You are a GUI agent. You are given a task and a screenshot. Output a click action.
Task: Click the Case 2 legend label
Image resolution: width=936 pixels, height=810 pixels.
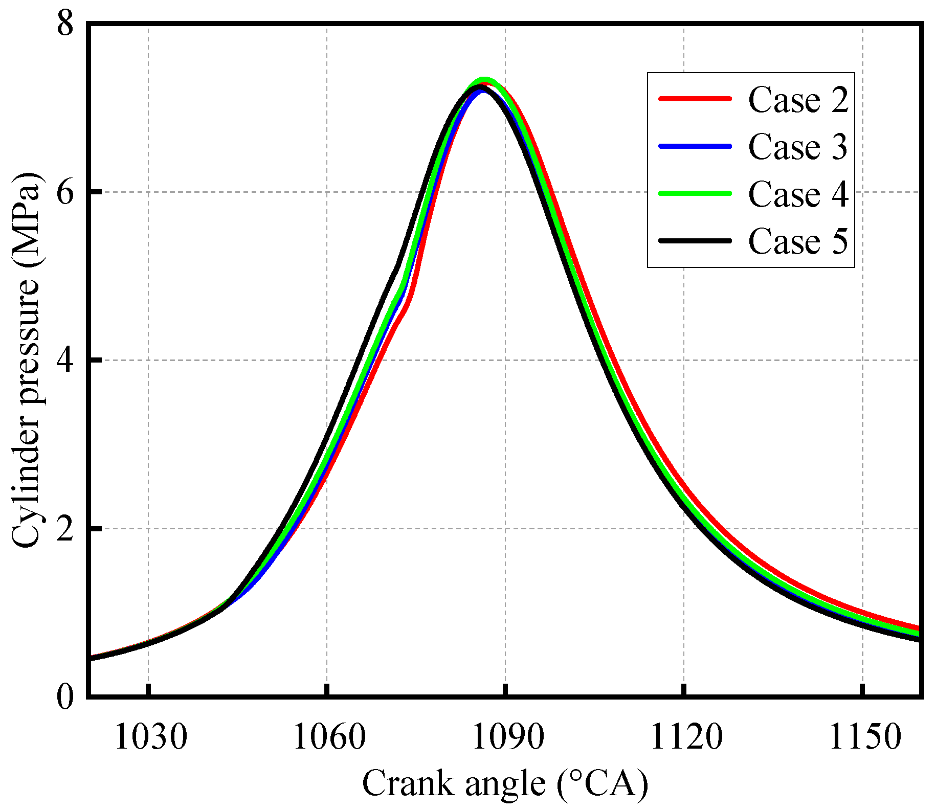[x=798, y=100]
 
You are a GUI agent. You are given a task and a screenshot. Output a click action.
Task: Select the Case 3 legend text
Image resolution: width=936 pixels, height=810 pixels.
[x=798, y=147]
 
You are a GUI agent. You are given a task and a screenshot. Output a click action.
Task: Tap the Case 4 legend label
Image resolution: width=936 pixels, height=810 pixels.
[x=798, y=194]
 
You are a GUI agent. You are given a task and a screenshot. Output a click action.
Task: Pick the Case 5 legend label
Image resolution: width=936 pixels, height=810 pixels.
[x=798, y=241]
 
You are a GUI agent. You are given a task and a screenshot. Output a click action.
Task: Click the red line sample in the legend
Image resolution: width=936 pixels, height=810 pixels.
[x=695, y=99]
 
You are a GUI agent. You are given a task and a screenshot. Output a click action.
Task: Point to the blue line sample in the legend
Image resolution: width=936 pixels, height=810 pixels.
[x=695, y=146]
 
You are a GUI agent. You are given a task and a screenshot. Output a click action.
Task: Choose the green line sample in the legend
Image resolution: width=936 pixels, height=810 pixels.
[x=695, y=193]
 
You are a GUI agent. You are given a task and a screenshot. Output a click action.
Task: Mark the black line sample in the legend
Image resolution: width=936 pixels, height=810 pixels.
[x=695, y=240]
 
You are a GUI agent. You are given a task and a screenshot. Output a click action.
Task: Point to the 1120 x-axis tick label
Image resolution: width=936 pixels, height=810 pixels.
[x=686, y=738]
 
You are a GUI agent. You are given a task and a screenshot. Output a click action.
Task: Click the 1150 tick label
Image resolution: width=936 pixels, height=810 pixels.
[x=864, y=738]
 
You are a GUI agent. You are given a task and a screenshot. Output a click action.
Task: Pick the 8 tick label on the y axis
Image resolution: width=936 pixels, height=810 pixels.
[x=65, y=24]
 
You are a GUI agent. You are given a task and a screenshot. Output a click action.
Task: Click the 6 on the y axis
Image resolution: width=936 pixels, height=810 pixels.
[x=65, y=192]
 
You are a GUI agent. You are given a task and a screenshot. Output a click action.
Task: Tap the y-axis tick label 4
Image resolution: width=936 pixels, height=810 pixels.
[x=65, y=361]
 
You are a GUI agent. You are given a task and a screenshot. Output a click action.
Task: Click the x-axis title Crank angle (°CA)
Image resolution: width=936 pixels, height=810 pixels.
[x=505, y=784]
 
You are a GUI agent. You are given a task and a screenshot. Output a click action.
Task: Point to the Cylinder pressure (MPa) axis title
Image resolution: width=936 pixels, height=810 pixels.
[x=26, y=361]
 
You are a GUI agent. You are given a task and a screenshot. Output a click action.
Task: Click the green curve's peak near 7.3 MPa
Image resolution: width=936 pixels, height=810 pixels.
[x=484, y=80]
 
